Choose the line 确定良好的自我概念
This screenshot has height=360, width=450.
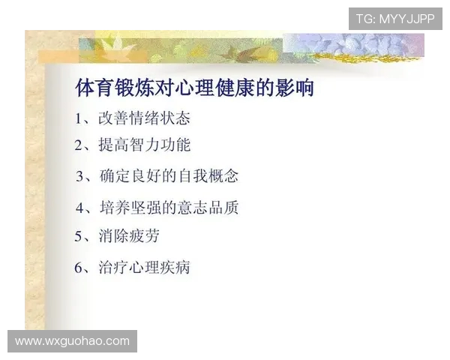point(169,176)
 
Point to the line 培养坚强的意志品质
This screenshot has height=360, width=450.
point(169,207)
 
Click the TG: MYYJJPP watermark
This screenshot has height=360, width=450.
point(394,19)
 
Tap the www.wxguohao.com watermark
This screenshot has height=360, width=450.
point(72,341)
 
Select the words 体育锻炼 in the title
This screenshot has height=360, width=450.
point(112,88)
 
